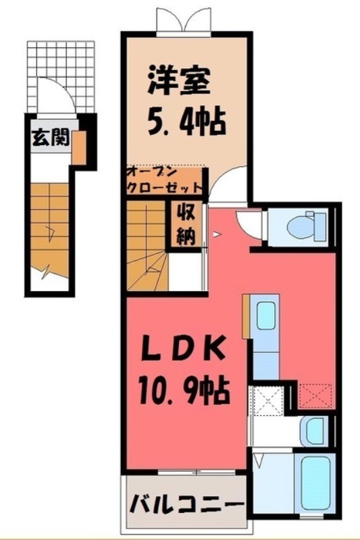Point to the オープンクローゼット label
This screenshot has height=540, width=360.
pyautogui.click(x=165, y=181)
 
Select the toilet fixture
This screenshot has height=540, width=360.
pyautogui.click(x=303, y=226)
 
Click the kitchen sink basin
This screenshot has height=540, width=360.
pyautogui.click(x=266, y=315)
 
